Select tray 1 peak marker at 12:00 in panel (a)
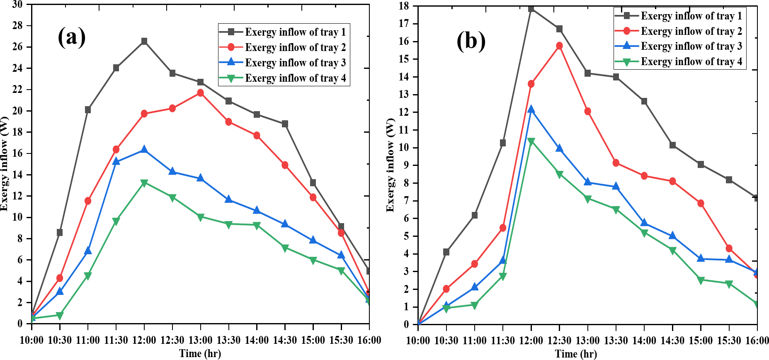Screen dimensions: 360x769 click(144, 41)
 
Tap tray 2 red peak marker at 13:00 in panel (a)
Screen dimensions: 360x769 click(200, 93)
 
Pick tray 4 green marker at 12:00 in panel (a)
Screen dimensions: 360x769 click(144, 183)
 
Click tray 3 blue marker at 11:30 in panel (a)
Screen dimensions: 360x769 click(116, 161)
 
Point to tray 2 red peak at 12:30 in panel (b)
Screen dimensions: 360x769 click(559, 46)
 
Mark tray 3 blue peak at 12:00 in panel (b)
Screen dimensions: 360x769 click(531, 109)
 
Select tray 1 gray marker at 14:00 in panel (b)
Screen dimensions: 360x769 click(644, 101)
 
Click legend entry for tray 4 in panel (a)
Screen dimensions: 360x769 click(295, 78)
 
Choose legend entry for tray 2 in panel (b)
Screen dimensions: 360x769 click(691, 31)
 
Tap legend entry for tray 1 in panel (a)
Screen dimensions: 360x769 click(295, 32)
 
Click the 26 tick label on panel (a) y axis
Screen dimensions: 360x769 click(17, 47)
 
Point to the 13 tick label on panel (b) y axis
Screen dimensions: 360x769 click(404, 95)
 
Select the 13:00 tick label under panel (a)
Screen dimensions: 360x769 click(200, 341)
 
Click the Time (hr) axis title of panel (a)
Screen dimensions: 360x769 click(200, 353)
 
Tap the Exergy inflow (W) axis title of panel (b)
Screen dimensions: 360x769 click(390, 165)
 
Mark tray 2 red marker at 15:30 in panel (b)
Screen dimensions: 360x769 click(729, 248)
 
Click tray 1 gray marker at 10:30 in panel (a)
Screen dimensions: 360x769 click(60, 232)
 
